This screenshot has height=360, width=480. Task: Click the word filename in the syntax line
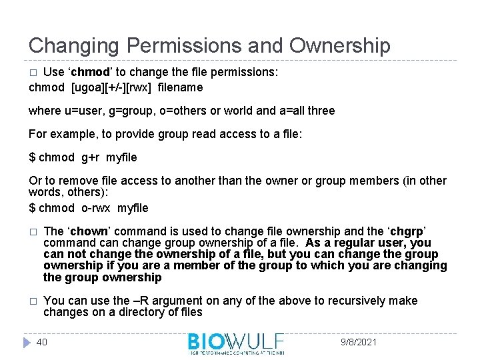[180, 87]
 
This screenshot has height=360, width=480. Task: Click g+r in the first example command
[89, 157]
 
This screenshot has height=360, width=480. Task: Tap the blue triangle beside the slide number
[27, 342]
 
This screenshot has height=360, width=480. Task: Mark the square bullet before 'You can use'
[32, 301]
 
